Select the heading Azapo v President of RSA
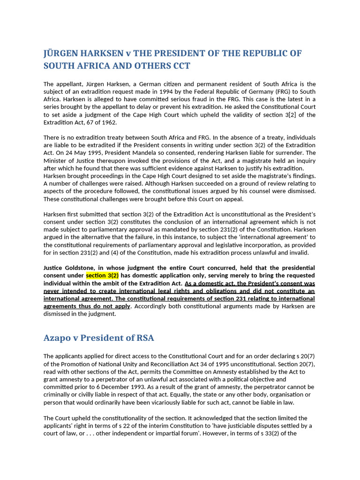99,337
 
